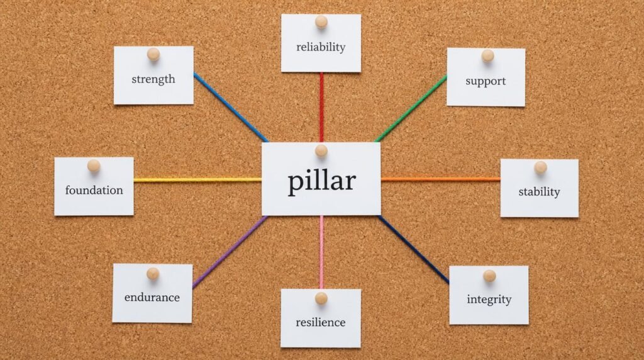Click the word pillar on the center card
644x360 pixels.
point(321,181)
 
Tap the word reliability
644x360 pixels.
point(321,47)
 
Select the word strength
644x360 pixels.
point(153,79)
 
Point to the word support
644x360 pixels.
point(486,81)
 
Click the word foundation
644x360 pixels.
point(94,190)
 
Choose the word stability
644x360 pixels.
point(539,192)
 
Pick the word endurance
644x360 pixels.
point(152,297)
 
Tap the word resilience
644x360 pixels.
point(320,322)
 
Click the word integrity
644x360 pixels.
point(489,299)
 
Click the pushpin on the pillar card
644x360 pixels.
point(321,151)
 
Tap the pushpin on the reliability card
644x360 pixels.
point(321,22)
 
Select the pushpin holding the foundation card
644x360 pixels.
point(94,166)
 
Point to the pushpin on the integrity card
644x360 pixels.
point(489,276)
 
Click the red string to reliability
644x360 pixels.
point(321,107)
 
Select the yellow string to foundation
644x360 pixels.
point(197,179)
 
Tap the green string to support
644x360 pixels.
point(411,109)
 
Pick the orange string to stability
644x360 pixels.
point(441,179)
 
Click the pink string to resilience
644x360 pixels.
point(321,252)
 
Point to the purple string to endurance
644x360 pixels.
point(230,252)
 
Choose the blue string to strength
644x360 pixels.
point(231,108)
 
